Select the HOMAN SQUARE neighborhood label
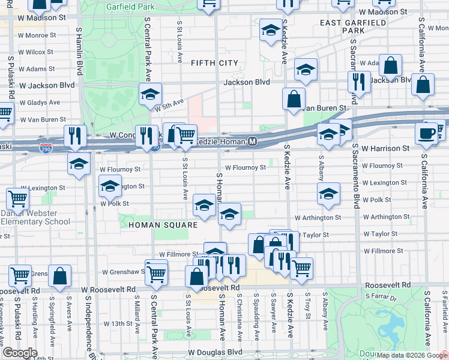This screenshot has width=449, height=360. pos(163,224)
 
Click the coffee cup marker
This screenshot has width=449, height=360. pos(427,133)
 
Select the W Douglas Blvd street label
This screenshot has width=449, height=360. pos(215,353)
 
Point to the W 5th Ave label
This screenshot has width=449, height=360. pos(169,105)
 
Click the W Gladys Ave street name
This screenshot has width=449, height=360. pos(40,103)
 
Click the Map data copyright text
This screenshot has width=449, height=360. pos(411,355)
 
